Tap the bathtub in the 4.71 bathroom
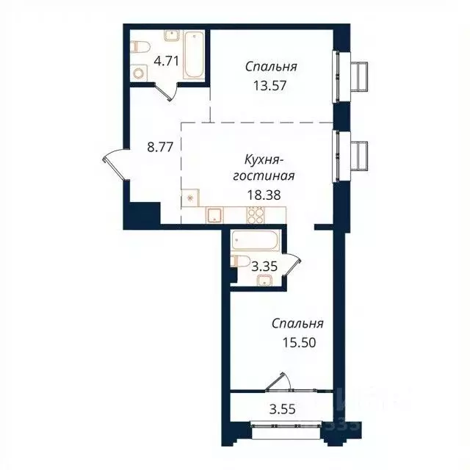(x=194, y=54)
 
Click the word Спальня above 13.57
(x=271, y=67)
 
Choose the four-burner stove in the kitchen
(x=256, y=214)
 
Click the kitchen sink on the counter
(x=214, y=214)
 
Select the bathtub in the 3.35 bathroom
(x=253, y=240)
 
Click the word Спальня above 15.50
(x=297, y=324)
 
